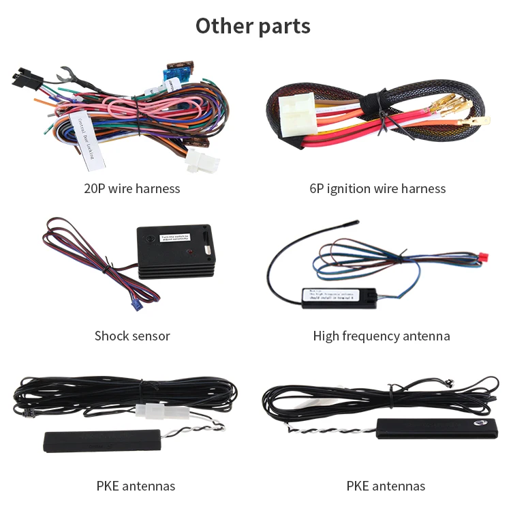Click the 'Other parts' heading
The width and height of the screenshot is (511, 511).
click(x=253, y=26)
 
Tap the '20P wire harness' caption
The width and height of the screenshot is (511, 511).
click(x=132, y=188)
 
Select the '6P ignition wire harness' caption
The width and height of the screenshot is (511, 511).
click(x=377, y=188)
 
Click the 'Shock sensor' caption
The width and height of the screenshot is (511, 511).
click(x=132, y=336)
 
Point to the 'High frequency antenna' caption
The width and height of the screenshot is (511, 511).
click(x=382, y=336)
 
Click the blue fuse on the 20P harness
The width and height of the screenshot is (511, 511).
click(x=173, y=74)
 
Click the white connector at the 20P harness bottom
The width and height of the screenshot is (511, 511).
click(x=202, y=161)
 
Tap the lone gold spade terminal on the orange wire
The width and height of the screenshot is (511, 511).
click(x=475, y=121)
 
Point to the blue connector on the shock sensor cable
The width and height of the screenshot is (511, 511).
click(x=137, y=306)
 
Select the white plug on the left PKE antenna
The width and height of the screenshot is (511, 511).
click(x=150, y=411)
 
